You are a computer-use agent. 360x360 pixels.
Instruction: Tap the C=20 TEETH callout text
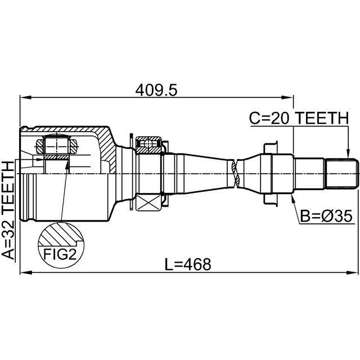299,118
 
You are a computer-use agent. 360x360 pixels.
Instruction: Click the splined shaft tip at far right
343,173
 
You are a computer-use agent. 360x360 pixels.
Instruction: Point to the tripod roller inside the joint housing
56,147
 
